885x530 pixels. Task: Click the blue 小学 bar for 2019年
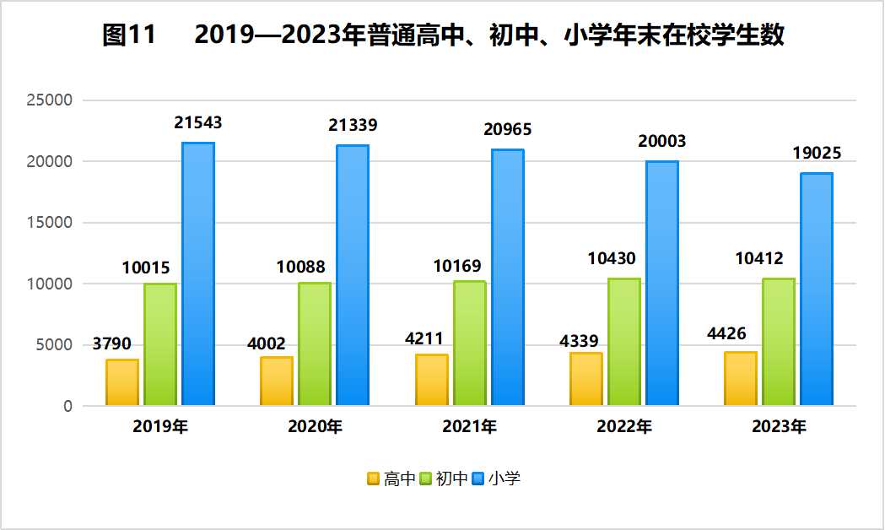(x=198, y=274)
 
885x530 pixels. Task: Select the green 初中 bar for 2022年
(x=624, y=342)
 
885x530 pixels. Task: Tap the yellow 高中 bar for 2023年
(x=741, y=379)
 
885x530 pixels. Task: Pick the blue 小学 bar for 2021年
(x=508, y=278)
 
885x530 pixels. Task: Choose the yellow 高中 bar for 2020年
(x=277, y=381)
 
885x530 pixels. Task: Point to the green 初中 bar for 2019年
(x=160, y=344)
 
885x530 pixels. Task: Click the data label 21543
(x=198, y=123)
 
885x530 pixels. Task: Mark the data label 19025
(x=817, y=154)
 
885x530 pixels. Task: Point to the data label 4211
(x=424, y=339)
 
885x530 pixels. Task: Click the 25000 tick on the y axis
(x=51, y=100)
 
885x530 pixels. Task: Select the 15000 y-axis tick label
(x=51, y=223)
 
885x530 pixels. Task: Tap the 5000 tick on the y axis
(x=55, y=345)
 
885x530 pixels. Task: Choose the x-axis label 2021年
(x=469, y=427)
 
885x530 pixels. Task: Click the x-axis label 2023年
(x=779, y=427)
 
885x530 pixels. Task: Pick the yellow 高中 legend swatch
(x=373, y=479)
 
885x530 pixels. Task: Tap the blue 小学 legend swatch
(x=478, y=479)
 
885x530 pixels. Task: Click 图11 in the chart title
(x=129, y=35)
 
